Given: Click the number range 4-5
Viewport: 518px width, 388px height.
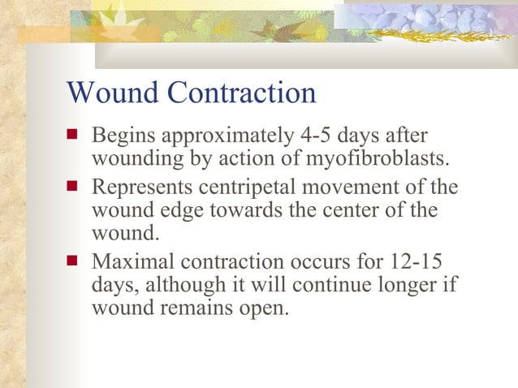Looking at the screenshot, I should click(x=325, y=134).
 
